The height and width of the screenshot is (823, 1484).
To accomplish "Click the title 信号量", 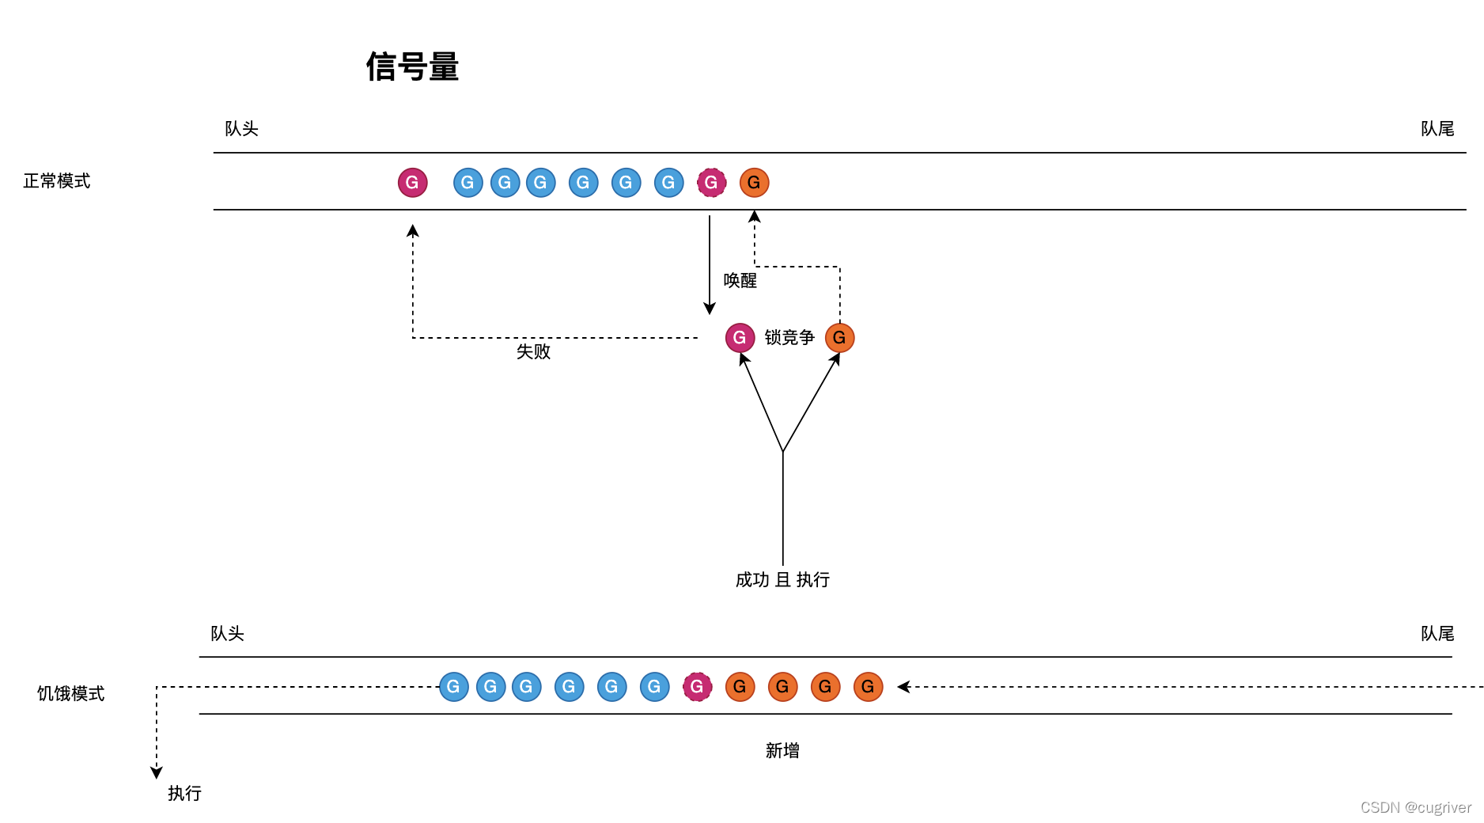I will tap(412, 66).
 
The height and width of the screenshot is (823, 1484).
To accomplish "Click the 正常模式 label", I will tap(57, 181).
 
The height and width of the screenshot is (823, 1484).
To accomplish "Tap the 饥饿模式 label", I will tap(70, 694).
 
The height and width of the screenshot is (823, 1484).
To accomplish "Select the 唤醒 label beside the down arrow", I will tap(740, 281).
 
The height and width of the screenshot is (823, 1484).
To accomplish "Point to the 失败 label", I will tap(533, 351).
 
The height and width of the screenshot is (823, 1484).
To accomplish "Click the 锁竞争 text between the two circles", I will tap(789, 338).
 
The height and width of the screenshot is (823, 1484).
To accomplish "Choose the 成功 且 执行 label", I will tap(782, 580).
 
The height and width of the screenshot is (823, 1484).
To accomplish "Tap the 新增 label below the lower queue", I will tap(782, 751).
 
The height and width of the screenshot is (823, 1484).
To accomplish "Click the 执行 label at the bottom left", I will tap(184, 794).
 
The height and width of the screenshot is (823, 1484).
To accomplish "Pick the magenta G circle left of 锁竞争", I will tap(740, 338).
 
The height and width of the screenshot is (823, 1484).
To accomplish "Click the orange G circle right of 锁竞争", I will tap(839, 338).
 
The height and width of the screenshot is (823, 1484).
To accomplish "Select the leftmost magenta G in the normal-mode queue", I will tap(412, 183).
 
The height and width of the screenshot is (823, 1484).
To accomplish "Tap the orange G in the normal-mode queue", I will tap(754, 183).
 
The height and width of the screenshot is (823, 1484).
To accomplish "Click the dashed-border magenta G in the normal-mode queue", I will tap(711, 183).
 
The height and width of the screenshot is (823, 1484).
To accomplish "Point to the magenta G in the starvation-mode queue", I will tap(697, 687).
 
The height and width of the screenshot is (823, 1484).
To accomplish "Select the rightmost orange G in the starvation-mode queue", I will tap(868, 687).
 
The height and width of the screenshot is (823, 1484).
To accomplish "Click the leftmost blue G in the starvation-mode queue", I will tap(453, 687).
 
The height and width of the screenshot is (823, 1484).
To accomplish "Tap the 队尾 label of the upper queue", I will tap(1437, 129).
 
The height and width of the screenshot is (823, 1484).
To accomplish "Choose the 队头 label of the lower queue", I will tap(227, 634).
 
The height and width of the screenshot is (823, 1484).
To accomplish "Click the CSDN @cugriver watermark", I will tap(1415, 807).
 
